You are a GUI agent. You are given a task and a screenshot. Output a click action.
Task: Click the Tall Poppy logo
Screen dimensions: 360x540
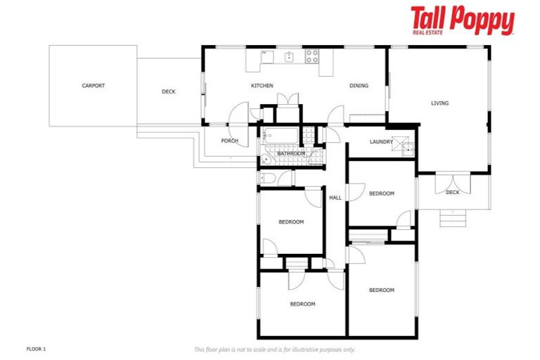(462, 20)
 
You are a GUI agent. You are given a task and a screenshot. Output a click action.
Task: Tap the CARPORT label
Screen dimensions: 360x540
(93, 86)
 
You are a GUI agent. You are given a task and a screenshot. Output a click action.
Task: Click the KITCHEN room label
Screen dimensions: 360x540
(262, 86)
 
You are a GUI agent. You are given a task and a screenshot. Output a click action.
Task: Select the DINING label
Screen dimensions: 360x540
(359, 86)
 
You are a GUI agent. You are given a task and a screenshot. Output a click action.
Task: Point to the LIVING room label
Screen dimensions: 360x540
(439, 103)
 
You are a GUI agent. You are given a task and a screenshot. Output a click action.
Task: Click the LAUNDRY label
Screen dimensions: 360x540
(381, 142)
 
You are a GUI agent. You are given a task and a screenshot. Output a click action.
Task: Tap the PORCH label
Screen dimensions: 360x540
(229, 141)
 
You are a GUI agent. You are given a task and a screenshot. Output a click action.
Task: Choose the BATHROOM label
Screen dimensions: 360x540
(291, 153)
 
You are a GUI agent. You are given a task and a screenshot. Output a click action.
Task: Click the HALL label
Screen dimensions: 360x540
(335, 198)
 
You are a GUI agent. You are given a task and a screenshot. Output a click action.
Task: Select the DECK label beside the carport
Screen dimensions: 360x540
(169, 91)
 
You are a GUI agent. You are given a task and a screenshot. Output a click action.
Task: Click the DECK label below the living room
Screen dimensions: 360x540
(452, 192)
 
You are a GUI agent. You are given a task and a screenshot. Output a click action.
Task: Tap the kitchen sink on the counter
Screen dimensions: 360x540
(289, 56)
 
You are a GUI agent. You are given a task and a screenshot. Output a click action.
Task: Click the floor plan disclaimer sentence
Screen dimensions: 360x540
(274, 349)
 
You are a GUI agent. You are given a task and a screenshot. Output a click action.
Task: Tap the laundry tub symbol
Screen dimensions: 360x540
(404, 146)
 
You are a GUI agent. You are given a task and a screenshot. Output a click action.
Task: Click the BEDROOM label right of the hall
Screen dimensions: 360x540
(381, 193)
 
